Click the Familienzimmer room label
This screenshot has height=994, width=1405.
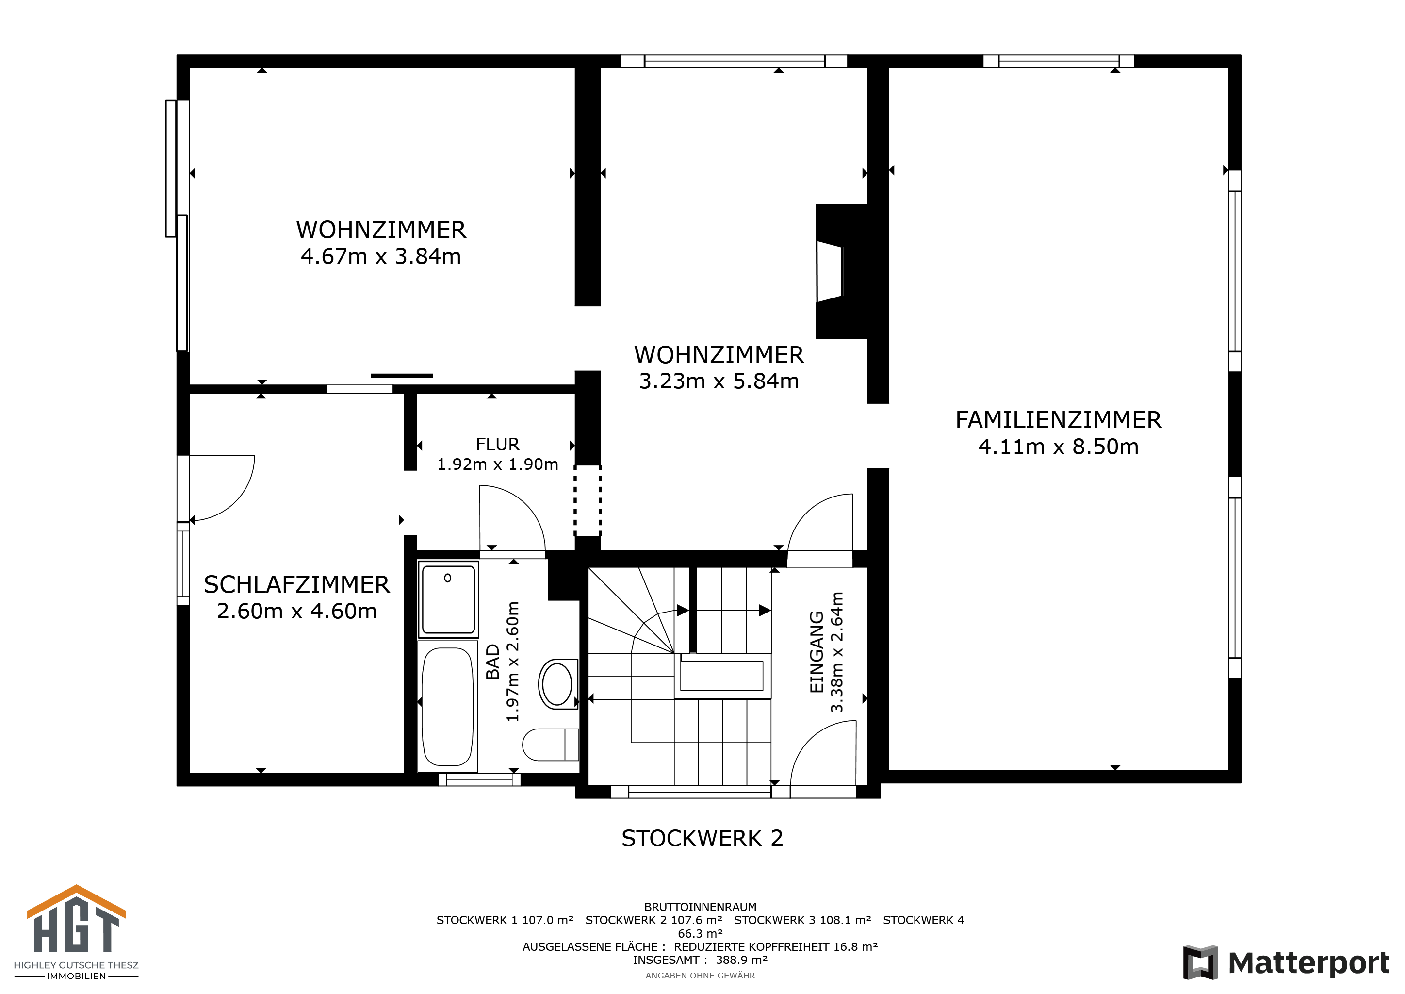point(1058,420)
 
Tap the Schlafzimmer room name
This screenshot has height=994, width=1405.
point(297,584)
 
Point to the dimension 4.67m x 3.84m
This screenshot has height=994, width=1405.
point(381,256)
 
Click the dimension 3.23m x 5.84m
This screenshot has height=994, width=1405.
point(719,381)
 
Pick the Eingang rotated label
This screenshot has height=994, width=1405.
point(817,652)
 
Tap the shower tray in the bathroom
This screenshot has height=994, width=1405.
point(449,600)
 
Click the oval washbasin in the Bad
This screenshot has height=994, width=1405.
point(557,684)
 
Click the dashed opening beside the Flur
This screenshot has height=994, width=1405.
point(588,500)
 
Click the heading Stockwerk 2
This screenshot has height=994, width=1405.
point(702,838)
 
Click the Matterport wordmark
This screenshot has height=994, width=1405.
point(1308,963)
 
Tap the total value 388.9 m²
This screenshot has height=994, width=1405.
point(742,960)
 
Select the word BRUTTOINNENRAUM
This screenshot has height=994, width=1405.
point(700,907)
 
